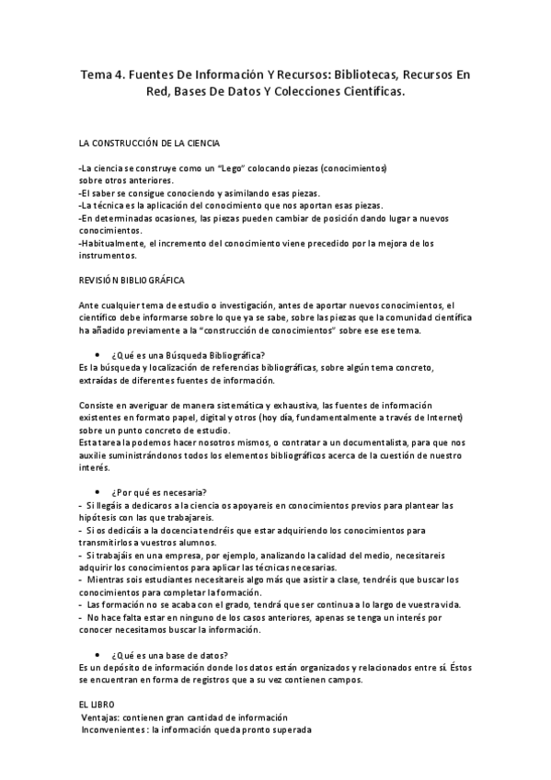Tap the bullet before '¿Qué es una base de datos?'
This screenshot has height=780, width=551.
coord(98,655)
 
